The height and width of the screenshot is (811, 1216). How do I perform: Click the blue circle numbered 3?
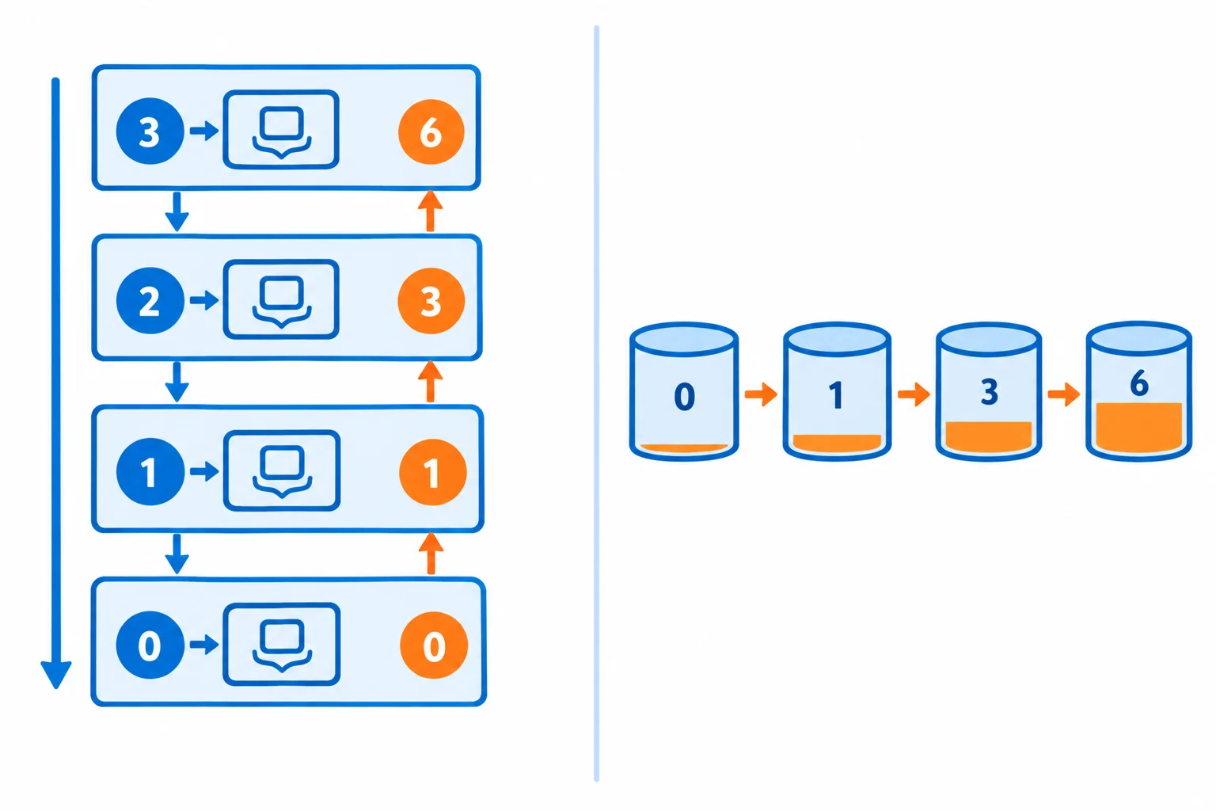150,131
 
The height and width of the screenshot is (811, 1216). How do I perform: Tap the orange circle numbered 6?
431,131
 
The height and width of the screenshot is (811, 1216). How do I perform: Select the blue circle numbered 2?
150,300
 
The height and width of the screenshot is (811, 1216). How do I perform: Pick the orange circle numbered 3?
431,301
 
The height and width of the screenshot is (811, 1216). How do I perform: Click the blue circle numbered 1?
150,471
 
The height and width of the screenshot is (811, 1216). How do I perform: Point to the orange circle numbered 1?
433,472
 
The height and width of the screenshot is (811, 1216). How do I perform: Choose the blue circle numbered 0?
150,645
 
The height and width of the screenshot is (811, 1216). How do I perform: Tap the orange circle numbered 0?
434,645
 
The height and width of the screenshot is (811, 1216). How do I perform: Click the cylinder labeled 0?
684,392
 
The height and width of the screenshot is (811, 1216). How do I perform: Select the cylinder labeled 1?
837,392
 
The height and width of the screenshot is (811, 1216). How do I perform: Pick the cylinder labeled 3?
989,392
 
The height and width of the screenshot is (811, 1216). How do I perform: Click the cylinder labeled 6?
1139,391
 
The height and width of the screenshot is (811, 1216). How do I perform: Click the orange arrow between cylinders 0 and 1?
761,394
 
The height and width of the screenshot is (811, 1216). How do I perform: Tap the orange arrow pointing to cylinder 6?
1064,394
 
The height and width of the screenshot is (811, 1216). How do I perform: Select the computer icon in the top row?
281,129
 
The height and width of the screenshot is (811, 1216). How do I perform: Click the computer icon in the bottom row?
282,644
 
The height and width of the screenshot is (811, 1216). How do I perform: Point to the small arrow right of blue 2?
204,300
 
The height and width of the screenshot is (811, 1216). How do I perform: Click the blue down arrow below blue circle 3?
177,211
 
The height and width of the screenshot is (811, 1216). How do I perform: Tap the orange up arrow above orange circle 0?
431,553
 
